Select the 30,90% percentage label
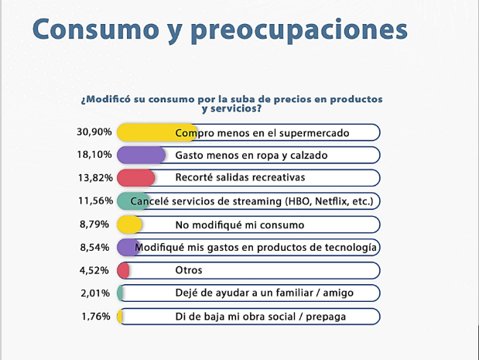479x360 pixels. click(94, 132)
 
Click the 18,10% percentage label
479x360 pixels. click(94, 155)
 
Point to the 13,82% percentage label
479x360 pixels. click(94, 178)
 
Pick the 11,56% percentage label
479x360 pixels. click(94, 201)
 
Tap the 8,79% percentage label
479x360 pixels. click(97, 225)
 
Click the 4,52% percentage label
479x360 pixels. click(97, 270)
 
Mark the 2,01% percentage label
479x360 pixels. click(97, 293)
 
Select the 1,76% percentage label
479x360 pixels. click(97, 317)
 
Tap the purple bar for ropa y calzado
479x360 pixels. click(140, 155)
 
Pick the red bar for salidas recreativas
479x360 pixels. click(135, 178)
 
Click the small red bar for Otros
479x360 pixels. click(122, 270)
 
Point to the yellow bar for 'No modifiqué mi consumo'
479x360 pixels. click(128, 225)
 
